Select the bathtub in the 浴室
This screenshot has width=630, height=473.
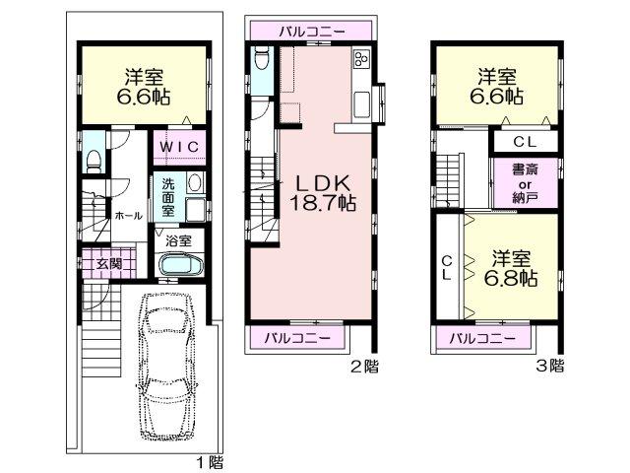[178, 265]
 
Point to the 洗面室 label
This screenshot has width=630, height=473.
[169, 196]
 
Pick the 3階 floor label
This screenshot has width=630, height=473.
[550, 367]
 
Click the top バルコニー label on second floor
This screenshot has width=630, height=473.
[311, 32]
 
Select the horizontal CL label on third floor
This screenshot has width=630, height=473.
[523, 141]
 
